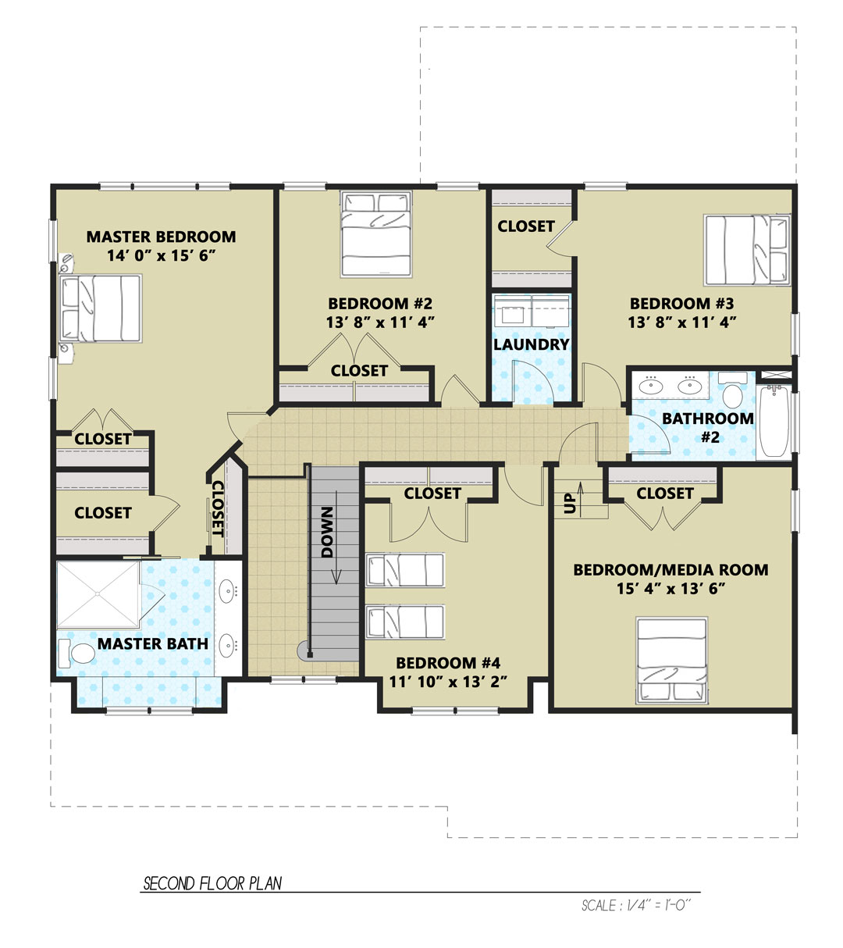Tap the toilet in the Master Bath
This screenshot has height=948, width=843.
(x=76, y=654)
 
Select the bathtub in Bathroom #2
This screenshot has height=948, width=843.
(x=774, y=422)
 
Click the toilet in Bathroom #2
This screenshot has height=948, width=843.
(x=733, y=390)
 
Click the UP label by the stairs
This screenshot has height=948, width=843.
(x=569, y=504)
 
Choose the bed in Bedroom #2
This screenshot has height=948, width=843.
(x=376, y=234)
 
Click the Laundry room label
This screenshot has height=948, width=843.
(x=531, y=344)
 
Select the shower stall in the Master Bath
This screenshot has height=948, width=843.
(x=98, y=595)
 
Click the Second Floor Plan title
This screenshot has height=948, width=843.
(x=212, y=883)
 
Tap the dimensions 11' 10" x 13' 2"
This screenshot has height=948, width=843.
(x=448, y=682)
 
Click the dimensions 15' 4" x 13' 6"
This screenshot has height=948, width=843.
(x=670, y=588)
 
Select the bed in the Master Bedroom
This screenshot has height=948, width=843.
(x=100, y=308)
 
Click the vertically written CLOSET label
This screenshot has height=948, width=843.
(x=217, y=508)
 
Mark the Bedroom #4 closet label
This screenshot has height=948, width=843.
(x=432, y=494)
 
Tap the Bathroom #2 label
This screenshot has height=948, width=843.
(x=708, y=428)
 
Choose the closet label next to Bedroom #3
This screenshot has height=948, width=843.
(x=526, y=226)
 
